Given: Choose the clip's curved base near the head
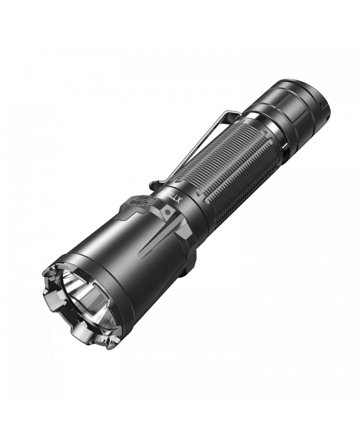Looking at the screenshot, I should [154, 184].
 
